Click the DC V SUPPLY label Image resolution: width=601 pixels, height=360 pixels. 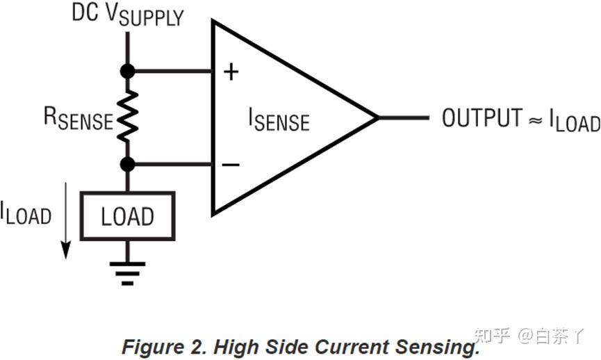128,15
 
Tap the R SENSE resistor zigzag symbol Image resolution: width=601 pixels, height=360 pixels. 128,116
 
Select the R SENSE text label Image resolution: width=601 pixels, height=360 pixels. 79,118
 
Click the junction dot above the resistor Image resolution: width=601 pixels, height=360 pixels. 128,72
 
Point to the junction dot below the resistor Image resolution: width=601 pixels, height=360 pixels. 128,165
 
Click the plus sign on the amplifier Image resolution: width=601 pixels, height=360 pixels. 231,72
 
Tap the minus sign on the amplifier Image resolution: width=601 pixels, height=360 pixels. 231,165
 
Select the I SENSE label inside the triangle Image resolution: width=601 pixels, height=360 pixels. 279,120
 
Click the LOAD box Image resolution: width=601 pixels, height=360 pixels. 128,216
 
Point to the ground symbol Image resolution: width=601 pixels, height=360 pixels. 128,274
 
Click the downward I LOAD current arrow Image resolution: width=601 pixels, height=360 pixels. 66,221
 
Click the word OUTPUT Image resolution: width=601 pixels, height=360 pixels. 482,117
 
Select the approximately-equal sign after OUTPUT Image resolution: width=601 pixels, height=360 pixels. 536,121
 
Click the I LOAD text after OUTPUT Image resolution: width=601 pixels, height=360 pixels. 575,120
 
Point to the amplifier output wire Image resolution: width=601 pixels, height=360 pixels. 403,117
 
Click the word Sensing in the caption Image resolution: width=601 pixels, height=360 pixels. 437,347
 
